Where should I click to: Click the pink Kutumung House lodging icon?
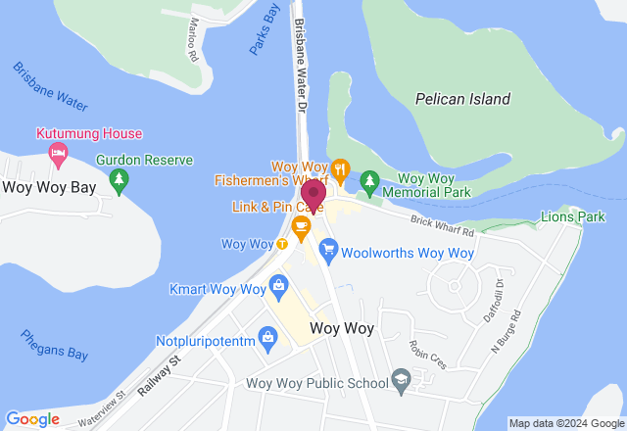(58, 153)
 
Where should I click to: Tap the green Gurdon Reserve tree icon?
(120, 179)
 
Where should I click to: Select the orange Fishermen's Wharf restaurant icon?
(340, 168)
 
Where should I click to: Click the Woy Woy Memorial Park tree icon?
(369, 180)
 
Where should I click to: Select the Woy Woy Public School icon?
(400, 379)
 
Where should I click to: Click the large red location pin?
(313, 195)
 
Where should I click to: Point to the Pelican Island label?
(462, 99)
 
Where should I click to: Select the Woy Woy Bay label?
(43, 188)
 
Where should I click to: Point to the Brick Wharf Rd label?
(442, 228)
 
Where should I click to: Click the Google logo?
(32, 419)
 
